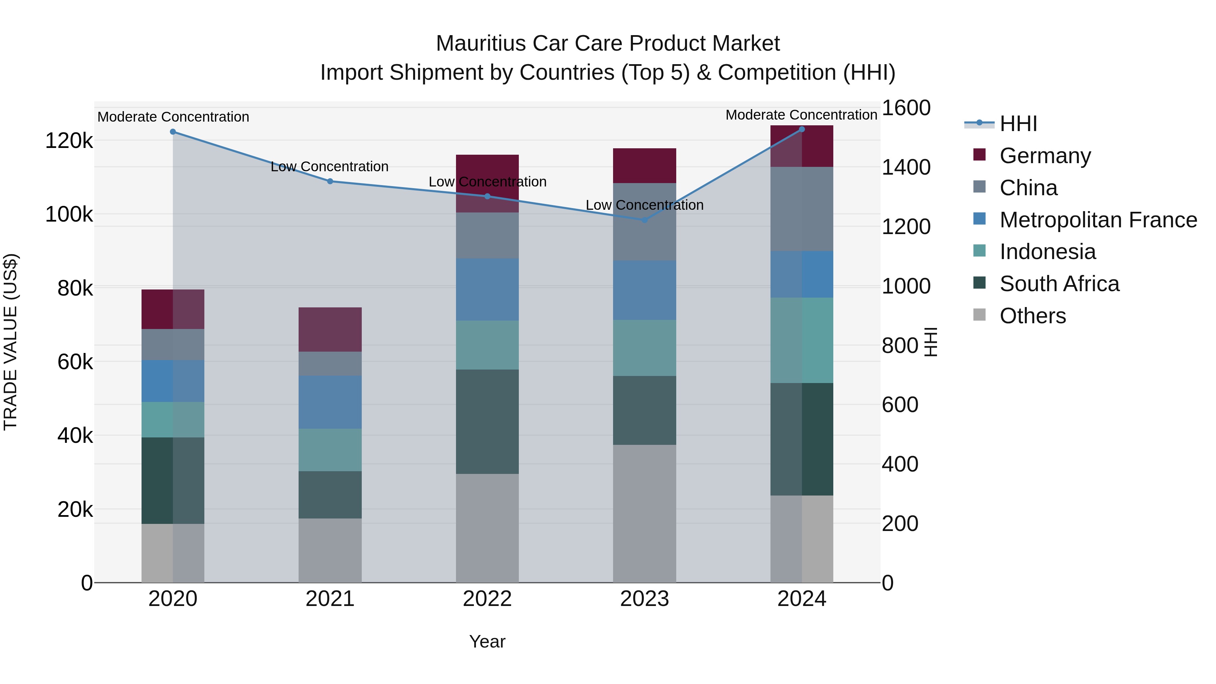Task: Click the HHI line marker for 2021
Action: [x=330, y=181]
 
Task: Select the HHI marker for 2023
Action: [x=645, y=220]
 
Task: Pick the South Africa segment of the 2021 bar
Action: [x=330, y=495]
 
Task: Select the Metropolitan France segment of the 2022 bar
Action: [x=487, y=289]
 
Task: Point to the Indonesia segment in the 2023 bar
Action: [x=644, y=348]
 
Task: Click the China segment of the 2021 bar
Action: [x=330, y=363]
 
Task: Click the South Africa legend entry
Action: [x=1059, y=284]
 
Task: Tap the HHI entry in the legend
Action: [x=1018, y=124]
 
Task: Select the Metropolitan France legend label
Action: [x=1098, y=220]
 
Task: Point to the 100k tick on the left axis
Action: [x=69, y=214]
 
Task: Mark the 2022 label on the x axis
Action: [x=487, y=599]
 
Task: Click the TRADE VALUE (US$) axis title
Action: [x=10, y=342]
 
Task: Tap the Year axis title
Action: [x=487, y=641]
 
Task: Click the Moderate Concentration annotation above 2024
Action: [x=801, y=115]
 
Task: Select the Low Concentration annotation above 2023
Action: [x=644, y=205]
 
